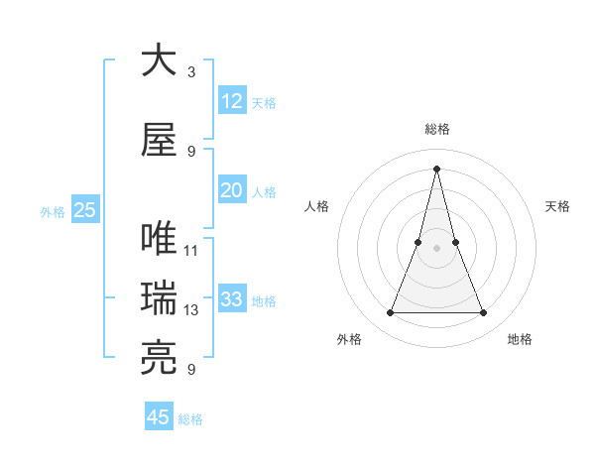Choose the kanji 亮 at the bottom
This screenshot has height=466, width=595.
(160, 358)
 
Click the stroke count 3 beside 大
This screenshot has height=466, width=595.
(191, 72)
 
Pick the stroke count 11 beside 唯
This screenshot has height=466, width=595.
(191, 251)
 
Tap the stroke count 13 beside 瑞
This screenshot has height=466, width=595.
(191, 310)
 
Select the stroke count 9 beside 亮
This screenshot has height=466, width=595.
(191, 370)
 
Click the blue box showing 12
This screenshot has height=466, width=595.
(232, 101)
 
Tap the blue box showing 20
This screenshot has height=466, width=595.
(232, 190)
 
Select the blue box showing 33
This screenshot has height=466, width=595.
(232, 299)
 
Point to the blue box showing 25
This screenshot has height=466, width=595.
(84, 210)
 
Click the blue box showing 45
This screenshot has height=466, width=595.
(159, 417)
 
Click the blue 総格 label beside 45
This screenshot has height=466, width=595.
(190, 419)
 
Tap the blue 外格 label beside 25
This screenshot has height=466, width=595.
(53, 211)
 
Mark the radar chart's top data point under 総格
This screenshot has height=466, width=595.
(436, 168)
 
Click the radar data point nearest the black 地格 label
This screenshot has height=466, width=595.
(483, 313)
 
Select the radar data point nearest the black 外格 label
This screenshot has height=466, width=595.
(390, 313)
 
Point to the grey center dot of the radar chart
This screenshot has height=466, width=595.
(436, 233)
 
